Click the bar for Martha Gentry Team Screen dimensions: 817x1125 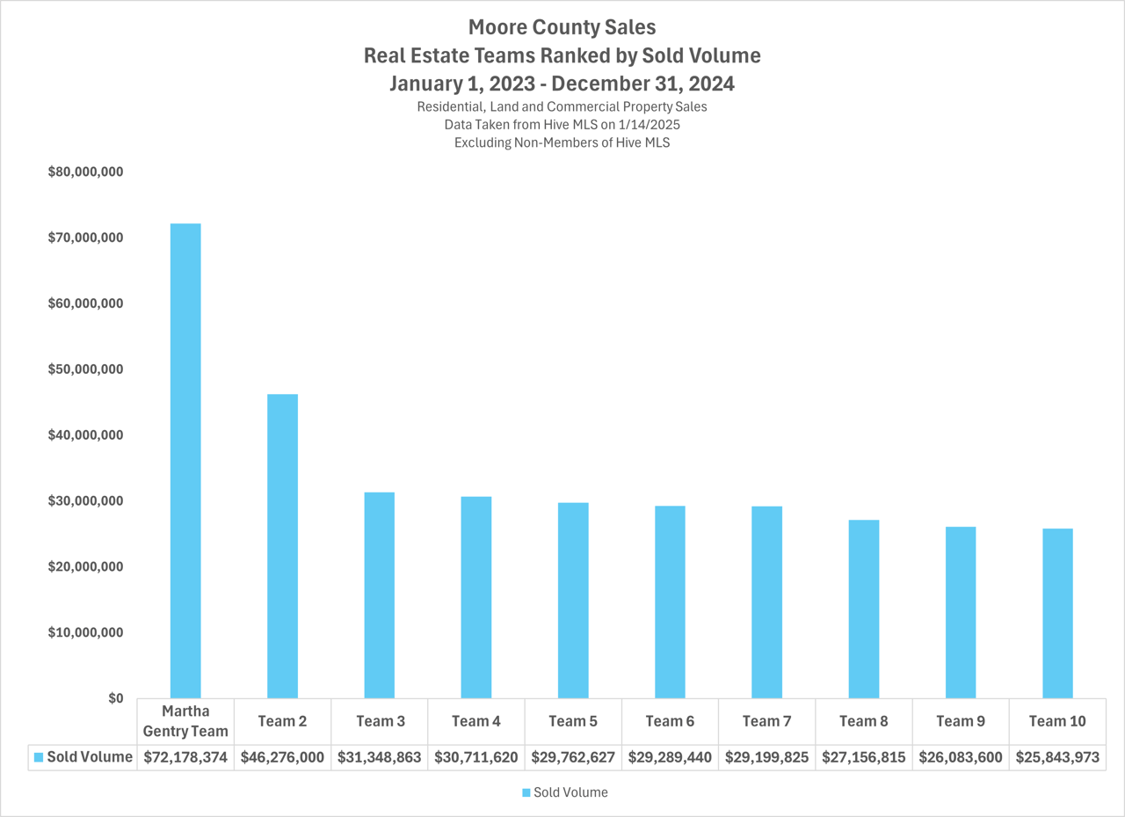pos(185,461)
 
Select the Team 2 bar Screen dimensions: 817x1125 pos(282,546)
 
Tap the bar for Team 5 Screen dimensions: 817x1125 pos(573,601)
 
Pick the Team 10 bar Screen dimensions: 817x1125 pos(1057,613)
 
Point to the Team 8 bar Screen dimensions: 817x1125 pos(864,609)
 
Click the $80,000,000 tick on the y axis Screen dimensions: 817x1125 pos(85,172)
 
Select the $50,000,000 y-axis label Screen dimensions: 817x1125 pos(85,369)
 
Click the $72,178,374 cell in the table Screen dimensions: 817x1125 pos(185,757)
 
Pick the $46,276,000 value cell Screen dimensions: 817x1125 pos(282,757)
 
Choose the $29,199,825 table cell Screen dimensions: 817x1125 pos(766,757)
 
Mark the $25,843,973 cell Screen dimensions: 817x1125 pos(1057,757)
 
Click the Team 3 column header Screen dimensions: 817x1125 pos(380,721)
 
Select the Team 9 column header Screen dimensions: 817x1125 pos(960,721)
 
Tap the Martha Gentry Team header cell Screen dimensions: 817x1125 pos(185,721)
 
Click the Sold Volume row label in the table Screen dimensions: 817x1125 pos(89,757)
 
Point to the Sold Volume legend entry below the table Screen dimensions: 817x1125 pos(570,792)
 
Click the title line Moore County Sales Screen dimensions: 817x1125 pos(562,27)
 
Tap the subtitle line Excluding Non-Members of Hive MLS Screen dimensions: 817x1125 pos(562,142)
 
